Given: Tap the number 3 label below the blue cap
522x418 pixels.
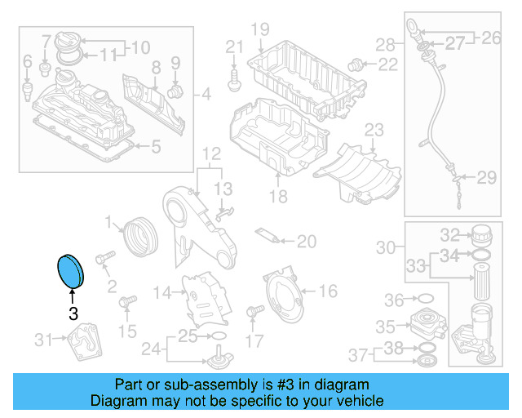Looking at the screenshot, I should tap(73, 313).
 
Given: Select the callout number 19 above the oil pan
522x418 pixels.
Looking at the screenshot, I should tap(259, 30).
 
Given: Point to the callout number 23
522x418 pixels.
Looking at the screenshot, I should tap(373, 130).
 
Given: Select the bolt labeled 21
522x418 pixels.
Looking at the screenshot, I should tap(235, 78).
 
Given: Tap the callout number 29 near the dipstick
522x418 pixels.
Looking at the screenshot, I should tap(487, 177).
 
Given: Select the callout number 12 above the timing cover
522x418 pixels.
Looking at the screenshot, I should tap(211, 153).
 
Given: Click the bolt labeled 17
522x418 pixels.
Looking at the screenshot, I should tap(253, 311).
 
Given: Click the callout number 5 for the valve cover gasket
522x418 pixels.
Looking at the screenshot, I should tap(157, 147).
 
